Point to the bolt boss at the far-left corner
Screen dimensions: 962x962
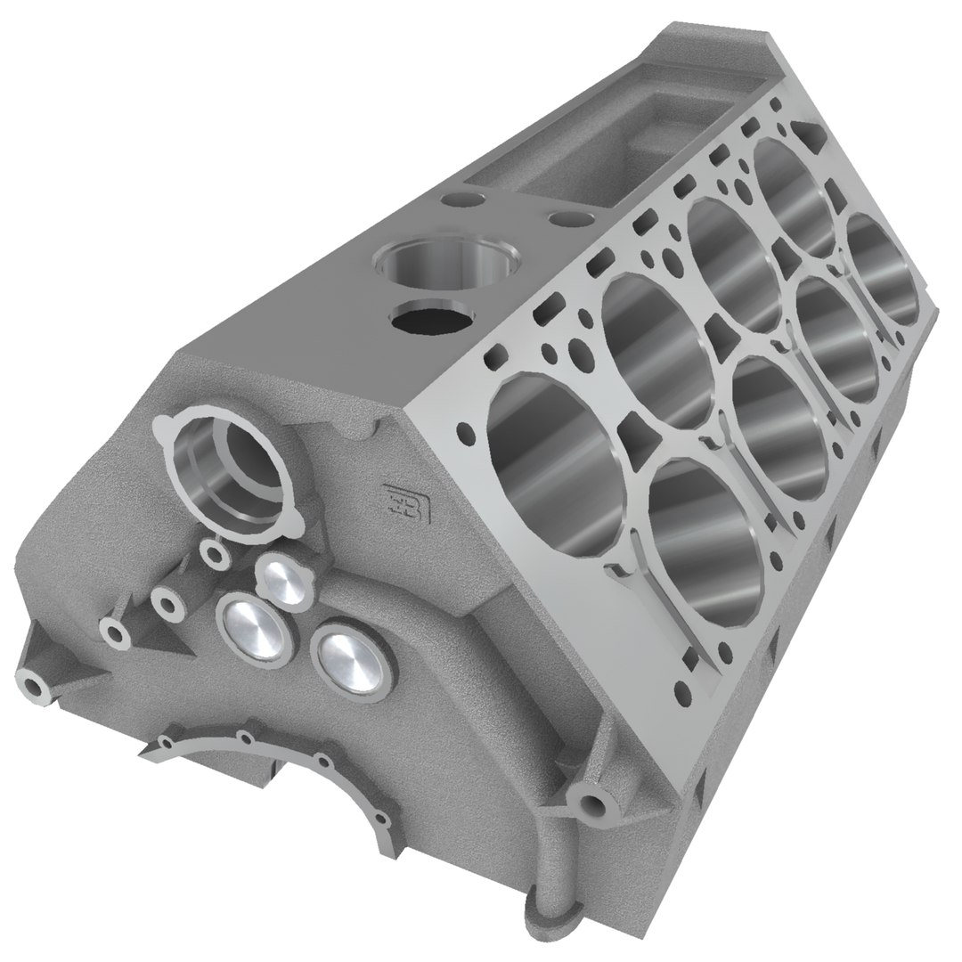(x=36, y=686)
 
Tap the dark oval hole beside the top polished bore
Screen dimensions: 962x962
(x=428, y=319)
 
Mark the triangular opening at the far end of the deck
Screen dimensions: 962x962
(x=814, y=134)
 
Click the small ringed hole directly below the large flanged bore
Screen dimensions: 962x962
(x=214, y=555)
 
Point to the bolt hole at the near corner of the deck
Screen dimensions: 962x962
(x=465, y=435)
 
